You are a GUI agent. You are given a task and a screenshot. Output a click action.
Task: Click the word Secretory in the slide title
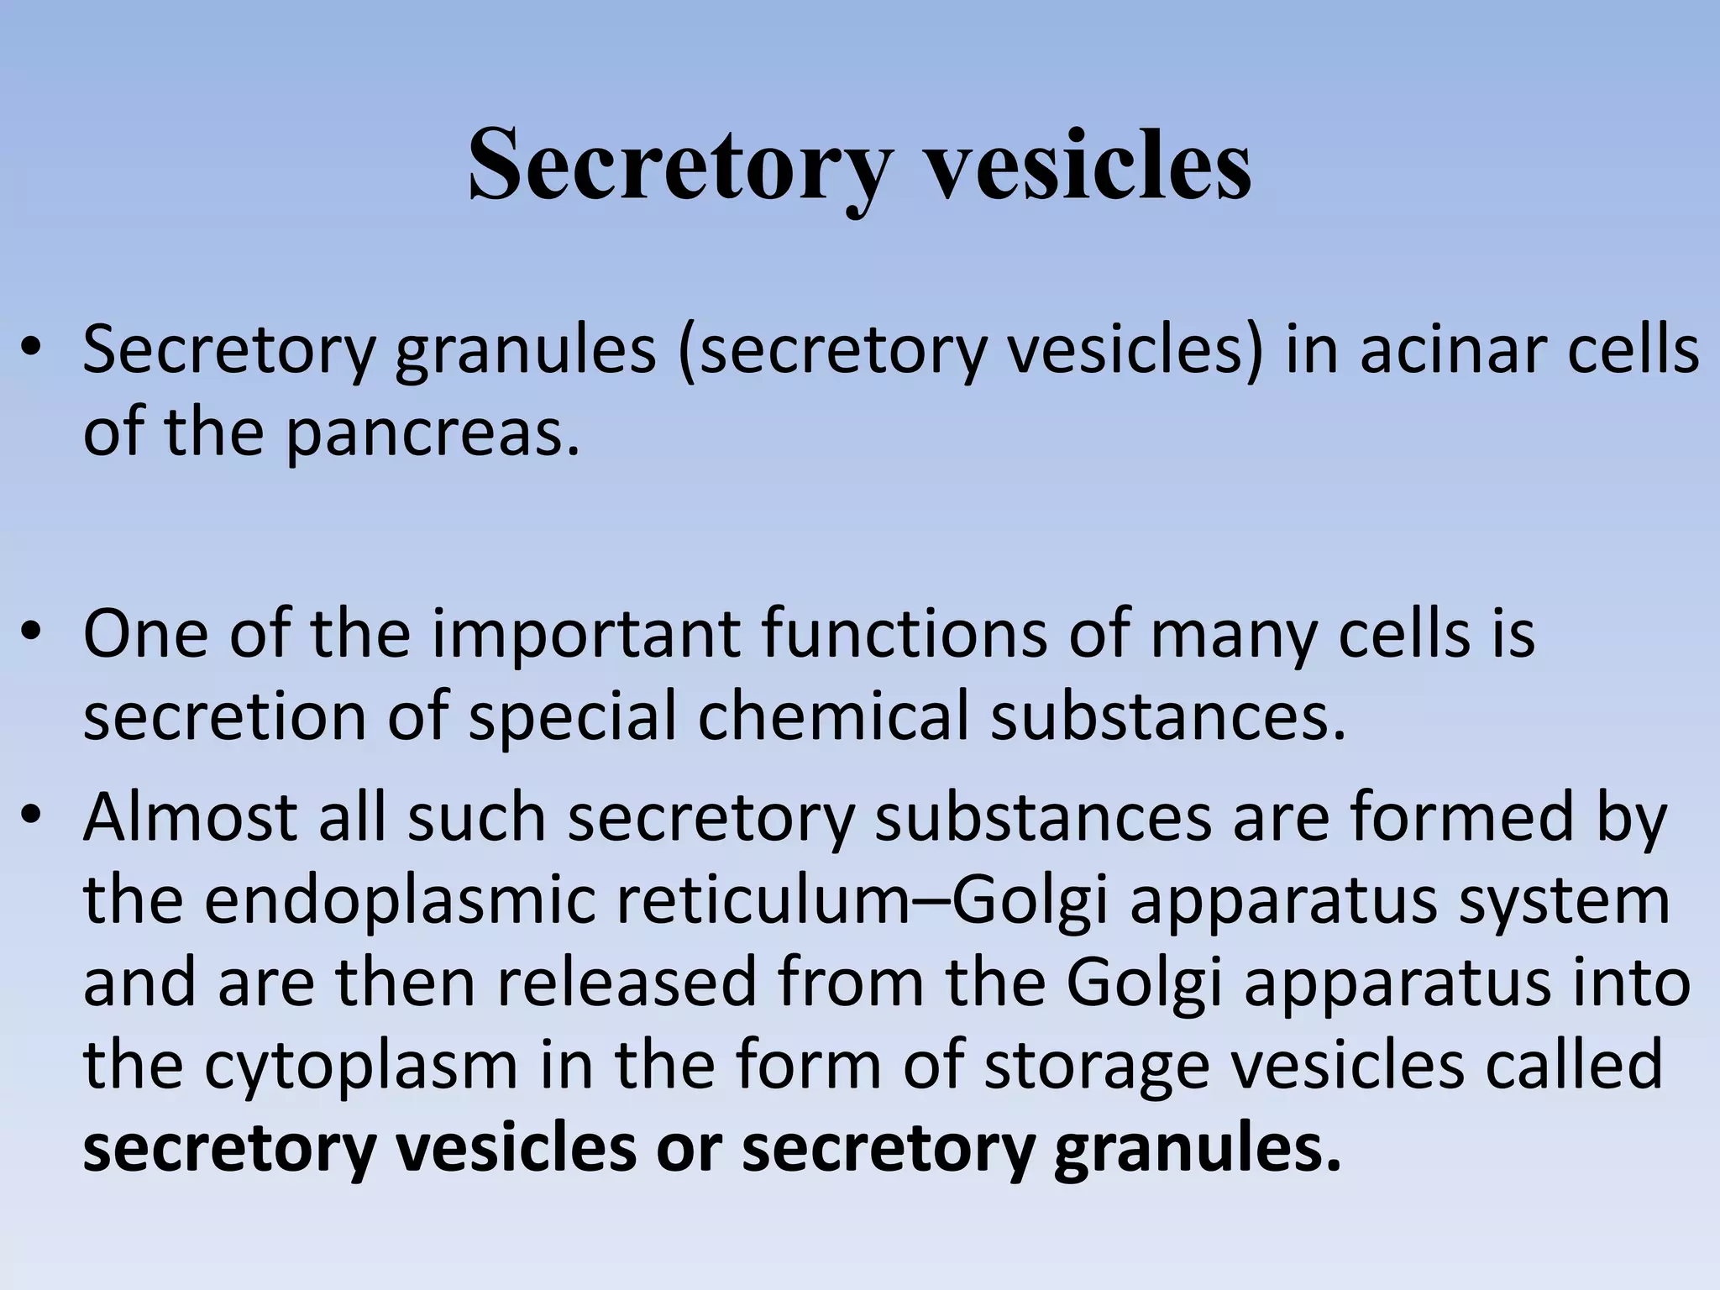677,165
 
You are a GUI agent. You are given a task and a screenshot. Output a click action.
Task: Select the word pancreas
433,433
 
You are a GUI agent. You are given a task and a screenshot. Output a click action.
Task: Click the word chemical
831,717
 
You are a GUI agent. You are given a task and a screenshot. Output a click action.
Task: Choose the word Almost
190,816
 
